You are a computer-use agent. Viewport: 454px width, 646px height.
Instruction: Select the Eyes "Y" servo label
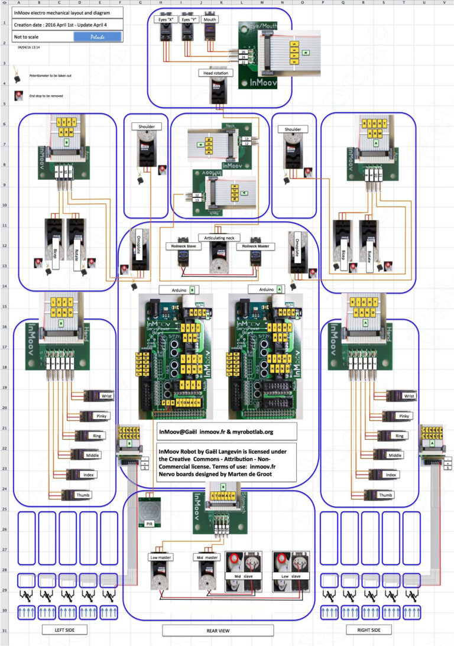[187, 20]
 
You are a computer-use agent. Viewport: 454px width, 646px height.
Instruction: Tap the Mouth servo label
[209, 20]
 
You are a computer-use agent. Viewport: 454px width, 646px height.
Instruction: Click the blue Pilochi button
[98, 37]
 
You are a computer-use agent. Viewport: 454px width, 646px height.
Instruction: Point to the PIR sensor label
[149, 524]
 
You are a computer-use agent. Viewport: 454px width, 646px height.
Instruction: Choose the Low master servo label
[160, 557]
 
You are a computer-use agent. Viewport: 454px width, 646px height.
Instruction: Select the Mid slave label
[242, 575]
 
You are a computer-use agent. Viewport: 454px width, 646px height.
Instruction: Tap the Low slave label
[290, 575]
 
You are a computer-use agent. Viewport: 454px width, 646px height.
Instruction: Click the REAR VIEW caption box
[219, 630]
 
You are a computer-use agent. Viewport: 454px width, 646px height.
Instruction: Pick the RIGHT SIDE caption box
[369, 629]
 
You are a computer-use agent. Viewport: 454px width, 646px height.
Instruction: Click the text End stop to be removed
[46, 95]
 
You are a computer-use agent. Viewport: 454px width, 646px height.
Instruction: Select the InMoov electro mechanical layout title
[64, 12]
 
